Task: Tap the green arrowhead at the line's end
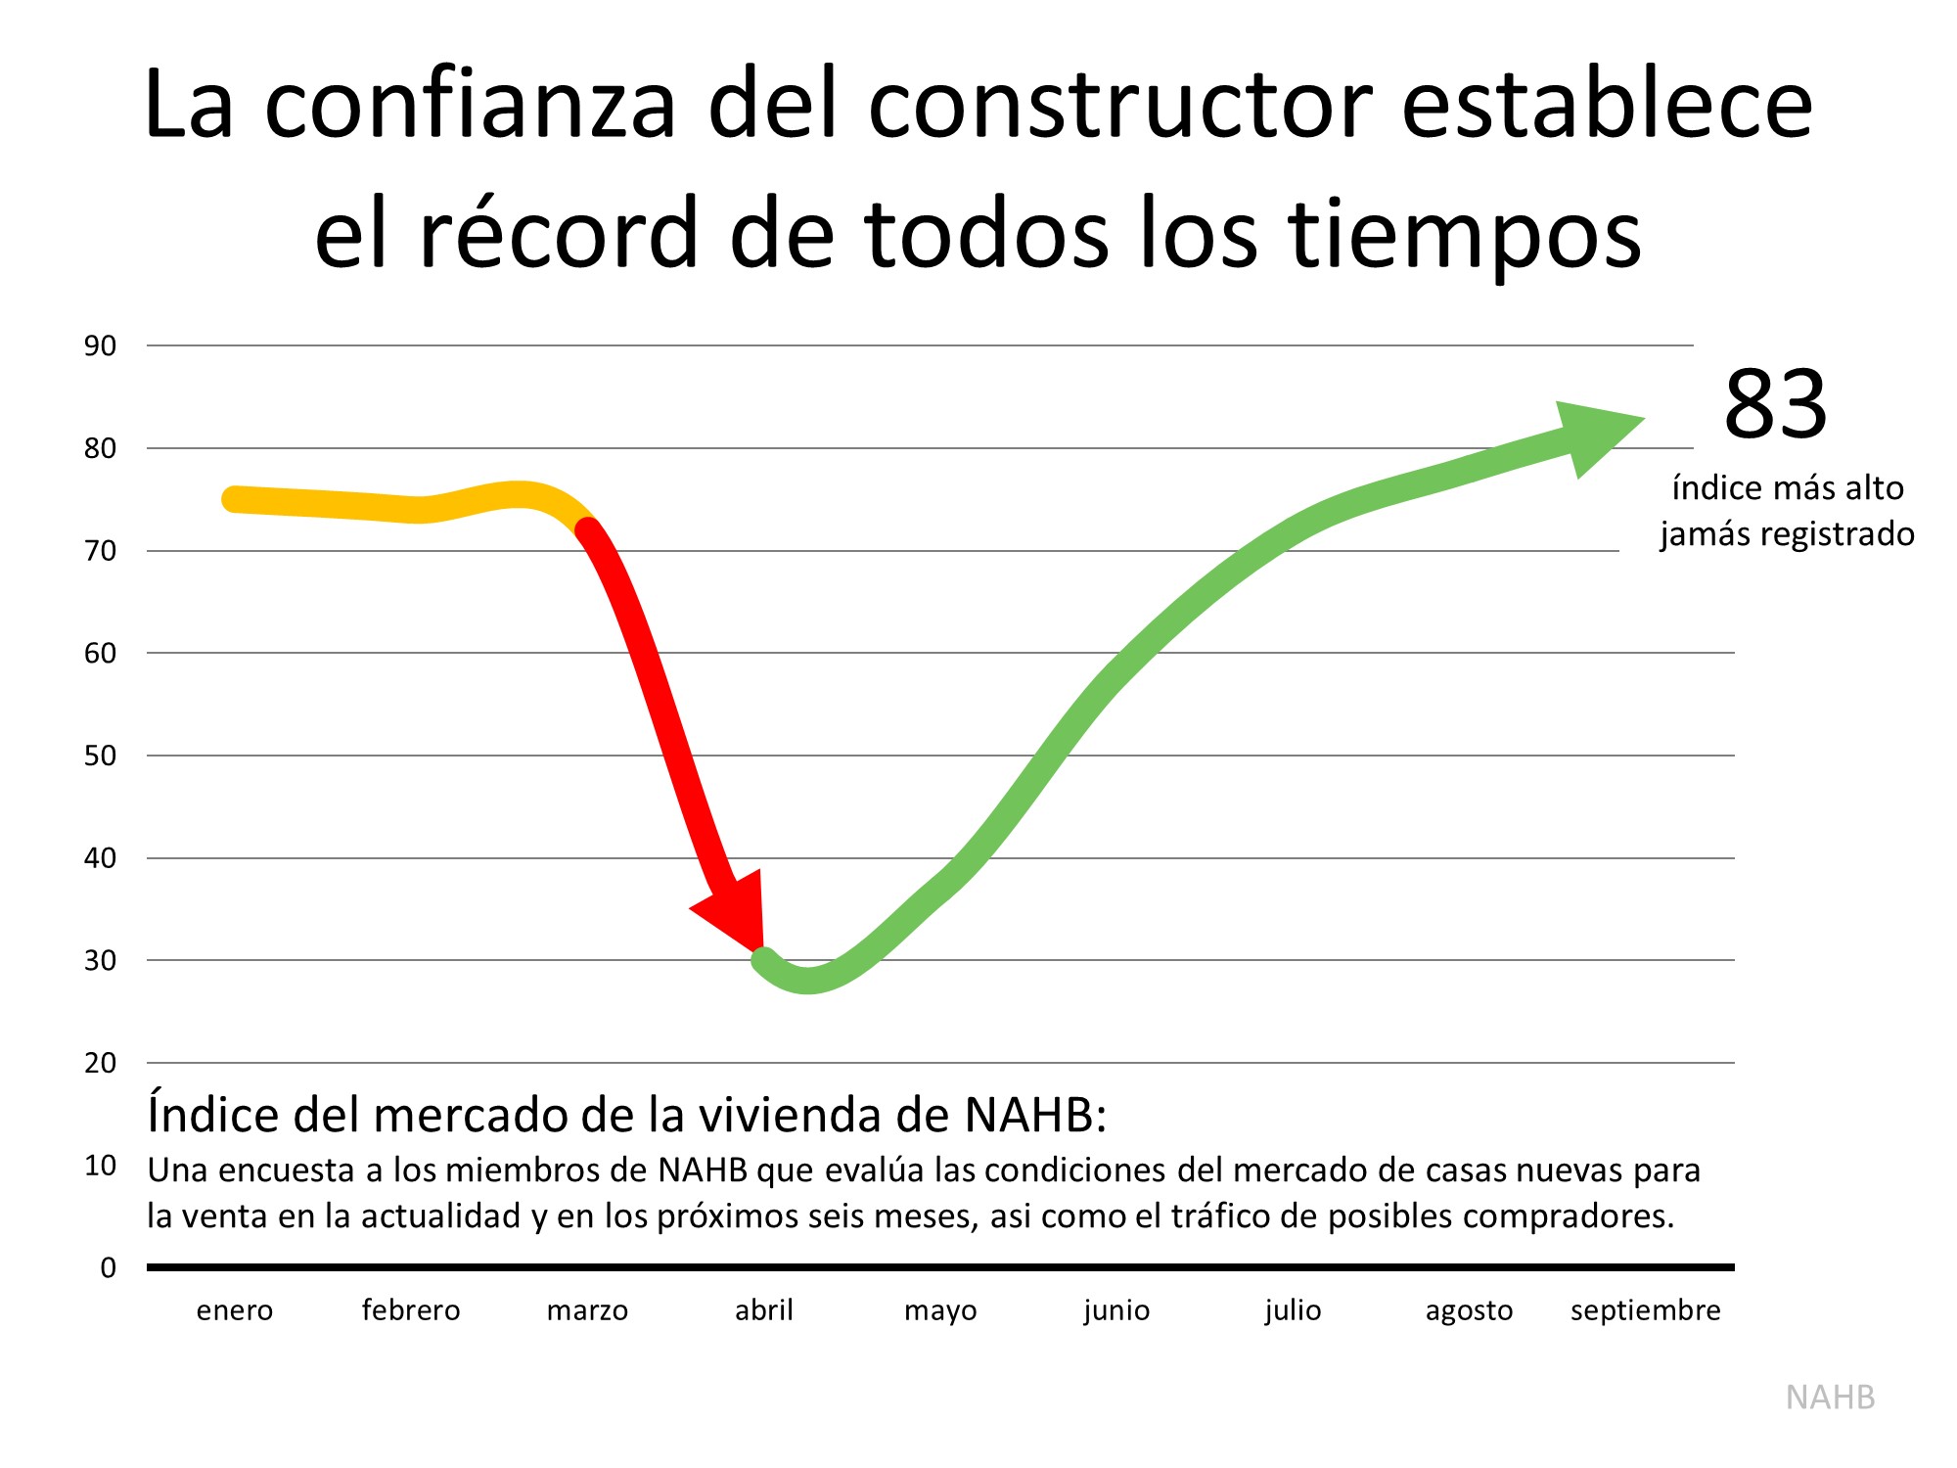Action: click(1595, 435)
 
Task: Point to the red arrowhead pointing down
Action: click(734, 910)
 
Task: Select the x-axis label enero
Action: click(235, 1310)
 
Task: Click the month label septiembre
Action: click(1645, 1310)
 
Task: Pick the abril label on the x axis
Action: click(764, 1310)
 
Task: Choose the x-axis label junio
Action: click(1116, 1310)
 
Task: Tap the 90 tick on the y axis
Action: click(100, 345)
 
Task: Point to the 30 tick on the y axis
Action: click(100, 960)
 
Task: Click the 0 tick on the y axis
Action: click(108, 1267)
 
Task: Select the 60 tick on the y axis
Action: click(100, 653)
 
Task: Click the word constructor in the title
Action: click(1120, 106)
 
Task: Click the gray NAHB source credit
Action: click(1830, 1398)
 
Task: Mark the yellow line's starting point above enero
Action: click(233, 499)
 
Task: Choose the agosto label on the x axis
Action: click(1469, 1310)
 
